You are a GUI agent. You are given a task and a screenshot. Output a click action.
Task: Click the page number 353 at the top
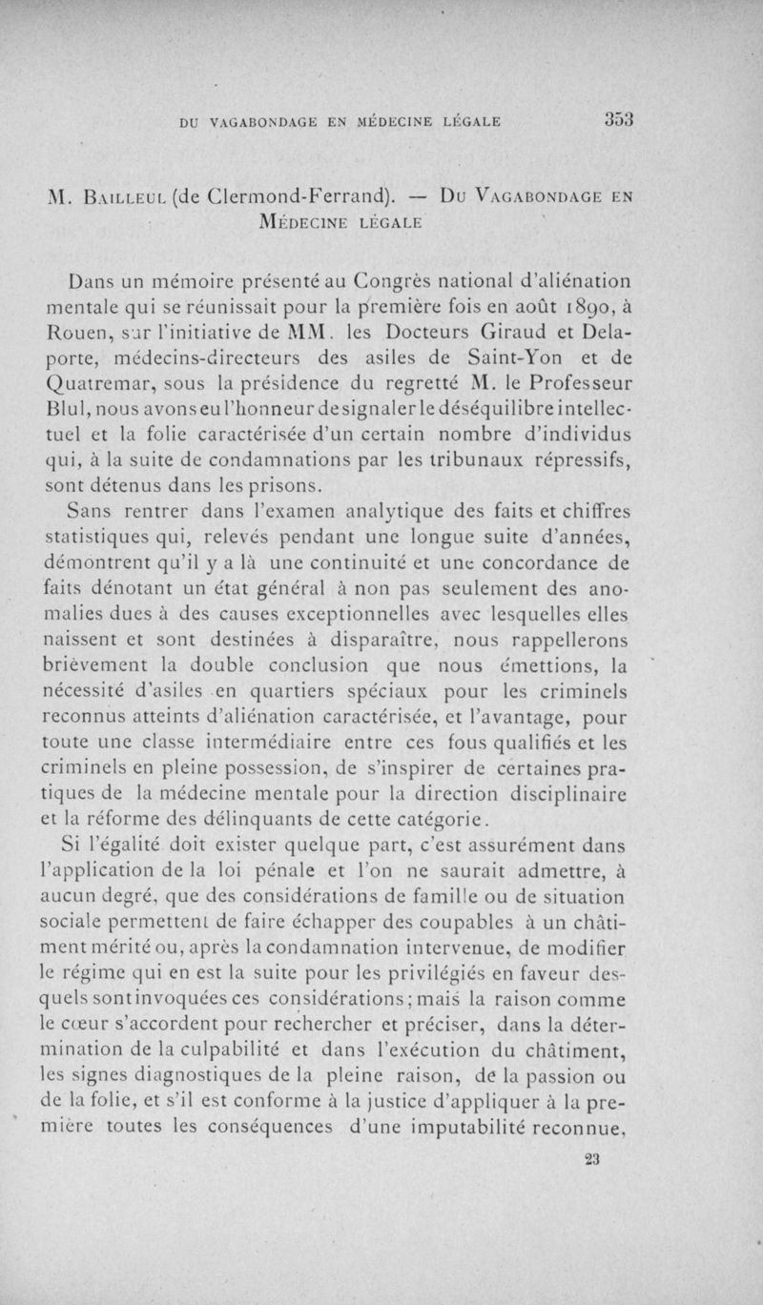click(619, 120)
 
